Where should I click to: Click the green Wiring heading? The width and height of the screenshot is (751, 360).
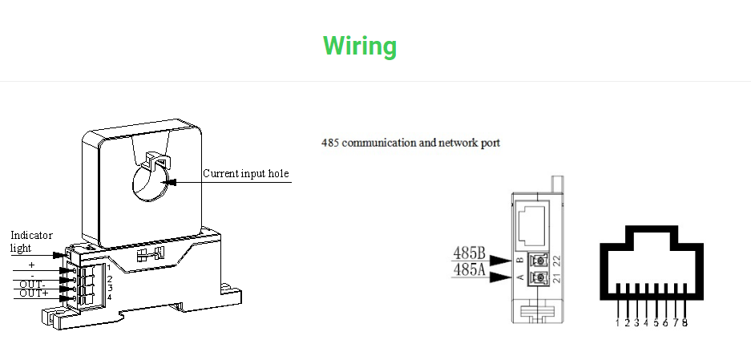(x=360, y=46)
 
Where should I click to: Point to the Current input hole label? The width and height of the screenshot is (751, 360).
(x=245, y=173)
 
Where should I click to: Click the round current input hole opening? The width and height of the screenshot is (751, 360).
(x=150, y=182)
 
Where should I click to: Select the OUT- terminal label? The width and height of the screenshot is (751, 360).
(x=32, y=285)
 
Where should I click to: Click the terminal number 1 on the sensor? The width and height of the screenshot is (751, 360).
(x=108, y=268)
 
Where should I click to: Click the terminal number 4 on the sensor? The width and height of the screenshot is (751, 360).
(x=109, y=297)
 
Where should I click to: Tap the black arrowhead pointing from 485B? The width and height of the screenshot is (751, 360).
(x=501, y=261)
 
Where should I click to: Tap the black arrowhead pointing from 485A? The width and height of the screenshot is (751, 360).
(x=501, y=277)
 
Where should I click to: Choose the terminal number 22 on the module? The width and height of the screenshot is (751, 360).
(x=555, y=261)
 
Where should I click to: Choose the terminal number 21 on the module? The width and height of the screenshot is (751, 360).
(x=555, y=278)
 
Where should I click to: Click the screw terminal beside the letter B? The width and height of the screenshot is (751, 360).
(x=539, y=261)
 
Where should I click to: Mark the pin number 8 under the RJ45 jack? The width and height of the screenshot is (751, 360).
(x=684, y=322)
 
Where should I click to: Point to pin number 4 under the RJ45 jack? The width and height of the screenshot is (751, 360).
(x=646, y=322)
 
